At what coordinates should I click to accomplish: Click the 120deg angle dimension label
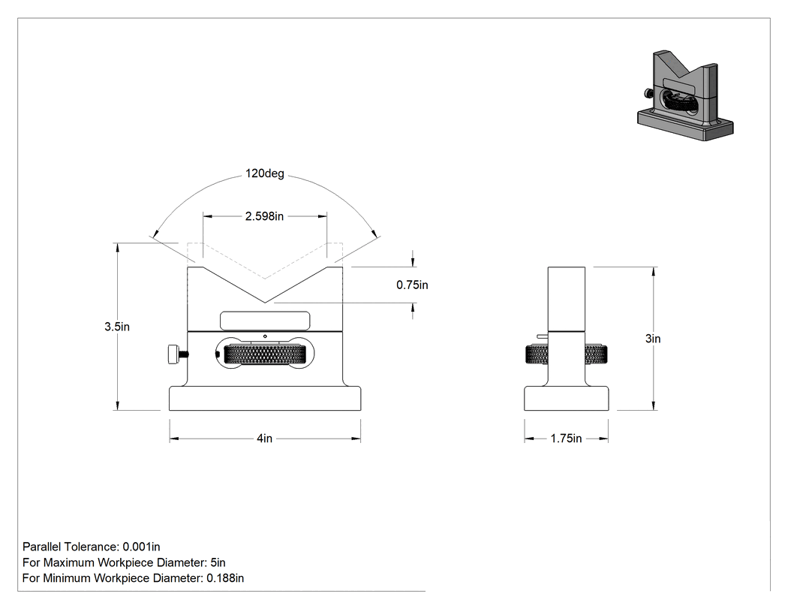[x=265, y=173]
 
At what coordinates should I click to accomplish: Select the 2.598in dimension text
[x=264, y=216]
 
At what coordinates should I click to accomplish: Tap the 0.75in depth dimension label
[x=412, y=285]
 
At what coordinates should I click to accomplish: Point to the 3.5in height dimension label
[x=117, y=327]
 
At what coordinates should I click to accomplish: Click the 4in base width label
[x=265, y=439]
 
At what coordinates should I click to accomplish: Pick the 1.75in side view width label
[x=566, y=439]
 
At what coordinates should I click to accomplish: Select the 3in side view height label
[x=653, y=339]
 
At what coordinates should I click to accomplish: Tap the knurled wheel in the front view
[x=265, y=354]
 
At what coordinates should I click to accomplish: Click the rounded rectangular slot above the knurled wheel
[x=265, y=321]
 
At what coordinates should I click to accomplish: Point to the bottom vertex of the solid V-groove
[x=265, y=303]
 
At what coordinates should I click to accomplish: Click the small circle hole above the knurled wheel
[x=265, y=336]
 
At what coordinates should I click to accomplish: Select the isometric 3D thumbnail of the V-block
[x=685, y=95]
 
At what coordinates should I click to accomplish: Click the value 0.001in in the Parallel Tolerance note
[x=141, y=547]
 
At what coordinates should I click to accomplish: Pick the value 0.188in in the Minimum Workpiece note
[x=225, y=577]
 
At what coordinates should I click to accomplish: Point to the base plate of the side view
[x=567, y=398]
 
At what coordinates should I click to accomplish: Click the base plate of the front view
[x=265, y=398]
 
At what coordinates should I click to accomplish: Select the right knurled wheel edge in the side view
[x=597, y=354]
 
